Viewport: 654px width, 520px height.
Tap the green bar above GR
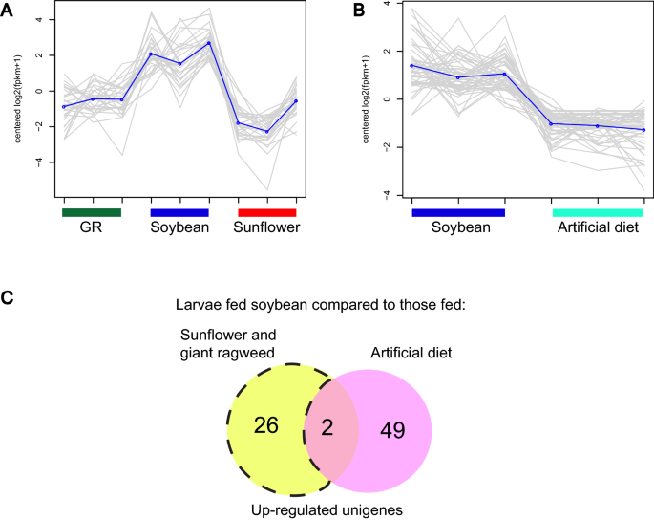point(92,212)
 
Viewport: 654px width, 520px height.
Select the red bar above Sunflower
point(267,212)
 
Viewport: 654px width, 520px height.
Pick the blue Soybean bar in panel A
point(179,212)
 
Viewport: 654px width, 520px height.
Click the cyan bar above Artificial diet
point(597,212)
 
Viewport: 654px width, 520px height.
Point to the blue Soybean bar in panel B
point(457,212)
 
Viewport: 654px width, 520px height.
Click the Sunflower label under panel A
point(267,228)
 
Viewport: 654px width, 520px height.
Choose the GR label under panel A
point(92,228)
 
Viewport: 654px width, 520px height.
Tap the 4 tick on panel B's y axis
point(386,5)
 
